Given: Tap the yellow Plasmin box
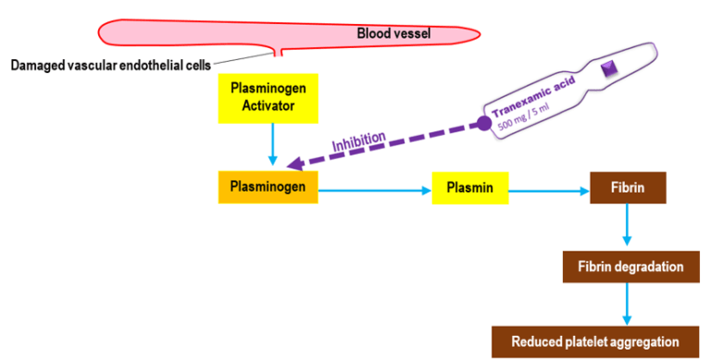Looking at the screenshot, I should (x=470, y=192).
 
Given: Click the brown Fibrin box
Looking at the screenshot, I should (x=629, y=190).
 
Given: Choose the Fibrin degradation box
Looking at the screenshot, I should (x=629, y=267).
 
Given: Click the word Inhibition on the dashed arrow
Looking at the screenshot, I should (x=357, y=143).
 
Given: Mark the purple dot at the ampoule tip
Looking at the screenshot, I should (x=483, y=123).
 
